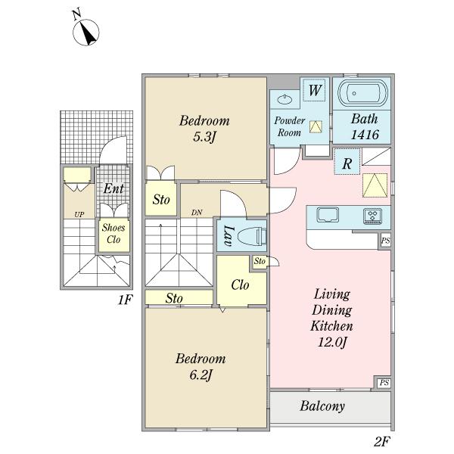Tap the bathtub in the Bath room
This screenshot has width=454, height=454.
362,92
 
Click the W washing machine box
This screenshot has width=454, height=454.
315,90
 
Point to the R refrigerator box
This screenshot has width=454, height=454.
347,161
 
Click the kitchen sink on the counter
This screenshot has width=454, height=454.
328,215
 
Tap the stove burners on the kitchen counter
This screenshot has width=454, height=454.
373,216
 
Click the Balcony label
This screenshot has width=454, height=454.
322,406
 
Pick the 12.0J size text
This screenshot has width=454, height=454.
332,343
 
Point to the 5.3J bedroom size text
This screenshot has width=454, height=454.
204,137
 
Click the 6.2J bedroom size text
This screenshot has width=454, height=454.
201,375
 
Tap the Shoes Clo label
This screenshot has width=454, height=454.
113,234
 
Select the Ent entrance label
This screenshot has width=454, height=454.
113,188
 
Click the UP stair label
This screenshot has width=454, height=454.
79,215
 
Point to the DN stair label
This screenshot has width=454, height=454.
197,213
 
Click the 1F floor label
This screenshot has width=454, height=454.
125,300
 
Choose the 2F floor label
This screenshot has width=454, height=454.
382,442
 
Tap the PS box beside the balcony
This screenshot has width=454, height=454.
384,383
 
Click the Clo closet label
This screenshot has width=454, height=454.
240,285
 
